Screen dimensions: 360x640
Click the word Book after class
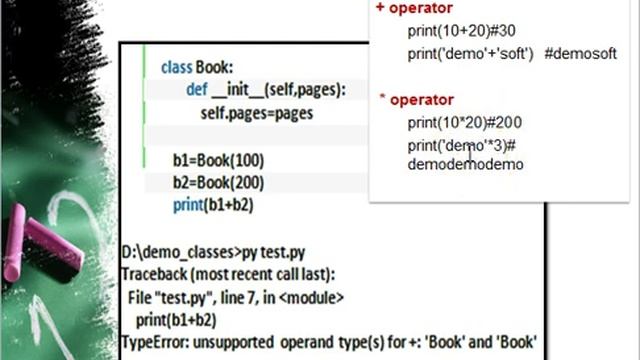tap(214, 67)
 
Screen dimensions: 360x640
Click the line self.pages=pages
tap(257, 113)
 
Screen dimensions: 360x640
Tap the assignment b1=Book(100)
tap(218, 160)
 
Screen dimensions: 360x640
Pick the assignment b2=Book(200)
tap(218, 182)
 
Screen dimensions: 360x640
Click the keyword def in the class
tap(197, 90)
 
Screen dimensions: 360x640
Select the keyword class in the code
tap(177, 67)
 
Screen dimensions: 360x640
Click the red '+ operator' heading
tap(414, 8)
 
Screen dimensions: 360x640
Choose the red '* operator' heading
tap(417, 99)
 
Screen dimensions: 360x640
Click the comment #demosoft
tap(581, 53)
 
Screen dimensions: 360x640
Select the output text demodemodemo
tap(465, 164)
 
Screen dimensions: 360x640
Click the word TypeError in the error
tap(152, 342)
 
